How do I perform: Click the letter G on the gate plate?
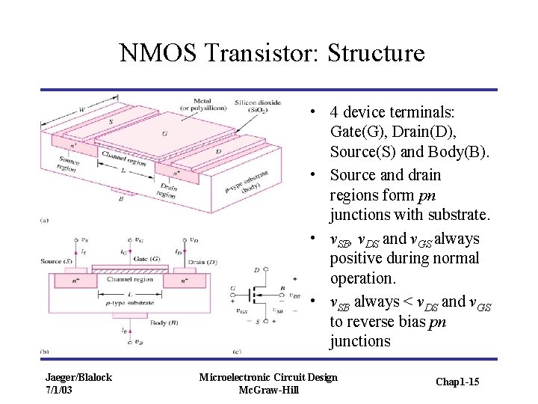click(164, 134)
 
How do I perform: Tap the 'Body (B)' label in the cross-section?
click(162, 322)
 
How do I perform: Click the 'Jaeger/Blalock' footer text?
click(78, 377)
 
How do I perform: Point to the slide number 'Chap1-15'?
click(457, 382)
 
